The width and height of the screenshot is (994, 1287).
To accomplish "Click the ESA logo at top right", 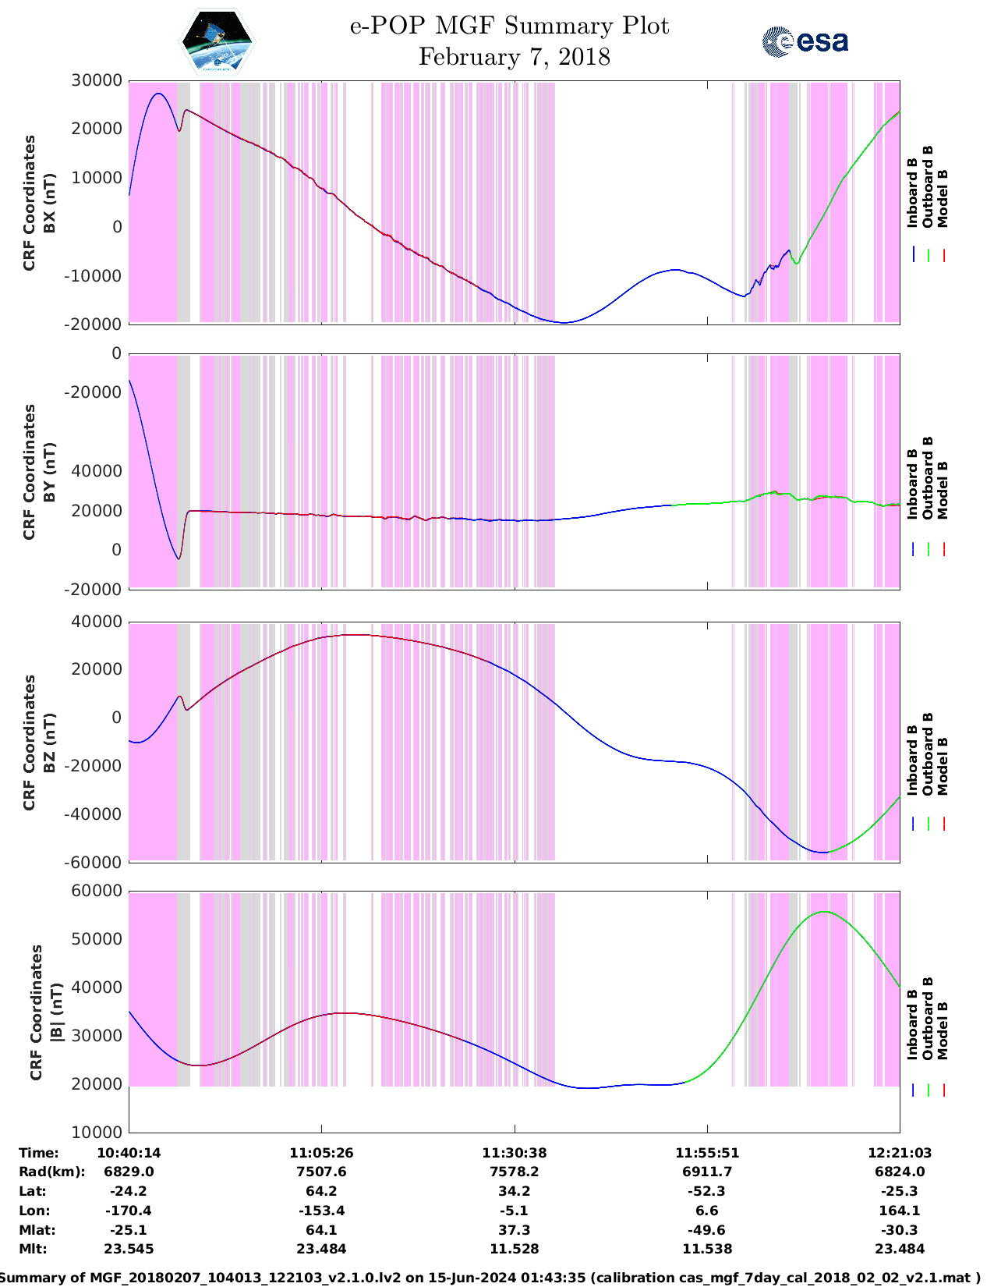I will tap(805, 42).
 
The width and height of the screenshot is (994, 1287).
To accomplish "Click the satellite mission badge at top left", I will tap(217, 42).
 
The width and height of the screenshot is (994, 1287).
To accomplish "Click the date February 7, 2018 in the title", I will tap(514, 57).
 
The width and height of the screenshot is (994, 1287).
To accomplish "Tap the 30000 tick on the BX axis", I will tap(97, 80).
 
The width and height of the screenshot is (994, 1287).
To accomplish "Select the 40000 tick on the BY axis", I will tap(97, 471).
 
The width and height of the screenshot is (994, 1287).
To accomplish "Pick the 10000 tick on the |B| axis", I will tap(97, 1132).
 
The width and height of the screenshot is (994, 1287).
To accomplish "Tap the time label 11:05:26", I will tap(321, 1153).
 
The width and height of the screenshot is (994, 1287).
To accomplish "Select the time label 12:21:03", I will tap(900, 1153).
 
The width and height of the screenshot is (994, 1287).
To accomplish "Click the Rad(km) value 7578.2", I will tap(514, 1172).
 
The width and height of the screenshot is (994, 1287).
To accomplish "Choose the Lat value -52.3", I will tap(706, 1191).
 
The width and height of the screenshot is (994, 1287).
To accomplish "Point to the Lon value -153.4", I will tap(321, 1211).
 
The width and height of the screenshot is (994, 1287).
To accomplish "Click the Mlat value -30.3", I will tap(900, 1230).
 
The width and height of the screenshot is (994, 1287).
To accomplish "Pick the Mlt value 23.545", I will tap(129, 1249).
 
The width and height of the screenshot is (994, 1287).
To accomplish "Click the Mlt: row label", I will tap(33, 1249).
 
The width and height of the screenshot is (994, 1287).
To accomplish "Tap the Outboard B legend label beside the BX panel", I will tap(928, 187).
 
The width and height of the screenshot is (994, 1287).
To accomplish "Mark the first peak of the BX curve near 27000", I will tap(158, 94).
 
